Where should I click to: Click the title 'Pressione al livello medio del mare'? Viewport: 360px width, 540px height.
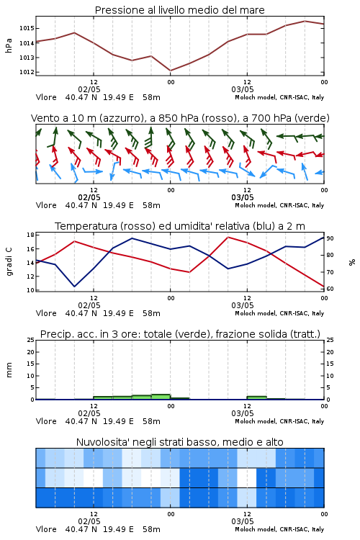179,10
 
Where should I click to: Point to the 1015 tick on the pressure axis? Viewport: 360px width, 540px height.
27,28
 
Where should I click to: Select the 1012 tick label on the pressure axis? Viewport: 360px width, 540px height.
27,72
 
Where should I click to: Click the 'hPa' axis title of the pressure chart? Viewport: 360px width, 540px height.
9,45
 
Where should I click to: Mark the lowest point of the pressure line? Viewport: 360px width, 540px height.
171,71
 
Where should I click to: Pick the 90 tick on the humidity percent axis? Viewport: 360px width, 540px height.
330,238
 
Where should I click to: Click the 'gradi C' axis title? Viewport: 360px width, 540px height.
9,261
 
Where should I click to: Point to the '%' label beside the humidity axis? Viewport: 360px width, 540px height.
352,262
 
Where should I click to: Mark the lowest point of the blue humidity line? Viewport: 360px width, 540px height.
74,287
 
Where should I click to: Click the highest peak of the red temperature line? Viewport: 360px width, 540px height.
228,237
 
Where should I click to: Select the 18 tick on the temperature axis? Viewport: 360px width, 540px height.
30,235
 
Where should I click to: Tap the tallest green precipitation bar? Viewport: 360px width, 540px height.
161,397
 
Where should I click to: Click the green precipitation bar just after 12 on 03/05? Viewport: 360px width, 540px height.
256,397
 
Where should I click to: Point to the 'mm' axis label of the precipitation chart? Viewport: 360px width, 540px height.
9,370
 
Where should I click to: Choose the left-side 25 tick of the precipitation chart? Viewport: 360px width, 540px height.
30,340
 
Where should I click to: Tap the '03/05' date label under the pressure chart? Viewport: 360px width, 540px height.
243,89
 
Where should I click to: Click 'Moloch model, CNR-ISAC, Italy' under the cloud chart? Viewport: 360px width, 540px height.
279,529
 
